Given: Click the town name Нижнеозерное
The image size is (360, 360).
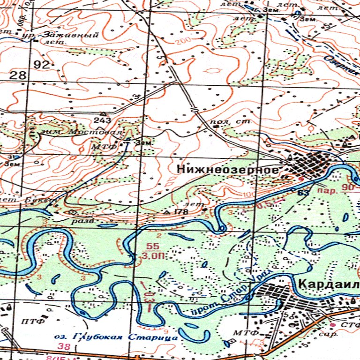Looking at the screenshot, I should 228,170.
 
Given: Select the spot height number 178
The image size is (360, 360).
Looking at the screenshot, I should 181,212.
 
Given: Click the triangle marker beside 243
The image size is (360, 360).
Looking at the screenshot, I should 103,113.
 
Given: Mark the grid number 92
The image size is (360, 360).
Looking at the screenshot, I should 42,65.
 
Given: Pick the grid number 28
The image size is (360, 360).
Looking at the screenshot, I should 17,75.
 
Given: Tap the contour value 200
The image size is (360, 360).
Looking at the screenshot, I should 184,42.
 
